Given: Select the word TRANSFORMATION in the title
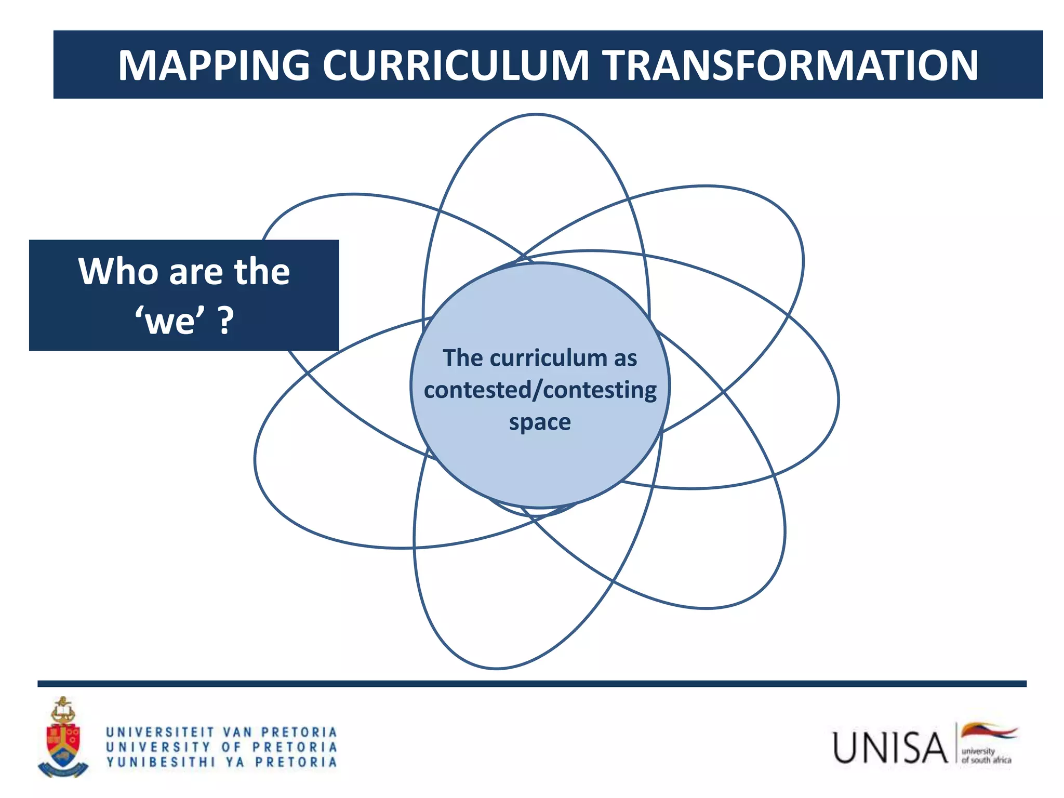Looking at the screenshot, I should click(790, 65).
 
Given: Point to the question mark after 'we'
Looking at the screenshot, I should click(225, 321).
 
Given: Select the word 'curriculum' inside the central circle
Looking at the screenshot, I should click(548, 358).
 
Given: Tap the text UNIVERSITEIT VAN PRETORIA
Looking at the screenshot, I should click(222, 732).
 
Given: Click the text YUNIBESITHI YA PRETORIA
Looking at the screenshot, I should click(222, 762).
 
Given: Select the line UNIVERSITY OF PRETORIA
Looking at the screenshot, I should click(222, 747).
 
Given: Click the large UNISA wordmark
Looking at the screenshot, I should click(890, 748).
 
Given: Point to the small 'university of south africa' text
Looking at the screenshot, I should click(986, 755).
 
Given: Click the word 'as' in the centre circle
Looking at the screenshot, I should click(626, 358).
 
